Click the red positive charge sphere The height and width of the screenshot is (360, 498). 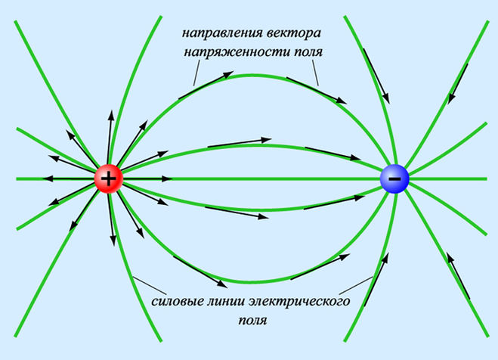pyautogui.click(x=109, y=179)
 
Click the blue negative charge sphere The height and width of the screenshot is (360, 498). pyautogui.click(x=394, y=178)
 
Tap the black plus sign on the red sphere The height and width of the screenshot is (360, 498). pyautogui.click(x=109, y=179)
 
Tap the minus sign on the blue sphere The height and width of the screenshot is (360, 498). pyautogui.click(x=394, y=179)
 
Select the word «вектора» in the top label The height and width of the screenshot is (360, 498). pyautogui.click(x=293, y=33)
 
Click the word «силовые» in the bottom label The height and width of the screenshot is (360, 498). pyautogui.click(x=177, y=300)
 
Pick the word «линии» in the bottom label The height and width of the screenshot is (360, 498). pyautogui.click(x=225, y=300)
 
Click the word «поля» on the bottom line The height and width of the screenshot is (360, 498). pyautogui.click(x=253, y=320)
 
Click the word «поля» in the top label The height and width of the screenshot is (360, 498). pyautogui.click(x=308, y=51)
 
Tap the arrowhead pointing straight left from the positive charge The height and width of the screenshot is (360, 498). pyautogui.click(x=48, y=179)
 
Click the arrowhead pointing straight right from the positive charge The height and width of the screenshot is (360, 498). pyautogui.click(x=167, y=179)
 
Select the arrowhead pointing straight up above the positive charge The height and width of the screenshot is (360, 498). pyautogui.click(x=111, y=115)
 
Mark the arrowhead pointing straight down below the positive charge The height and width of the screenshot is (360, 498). pyautogui.click(x=113, y=241)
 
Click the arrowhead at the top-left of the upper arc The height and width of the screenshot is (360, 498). pyautogui.click(x=228, y=75)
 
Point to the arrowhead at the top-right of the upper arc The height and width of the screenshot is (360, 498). pyautogui.click(x=342, y=101)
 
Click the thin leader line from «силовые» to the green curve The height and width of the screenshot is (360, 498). pyautogui.click(x=150, y=285)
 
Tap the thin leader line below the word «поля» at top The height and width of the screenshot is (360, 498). pyautogui.click(x=315, y=73)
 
